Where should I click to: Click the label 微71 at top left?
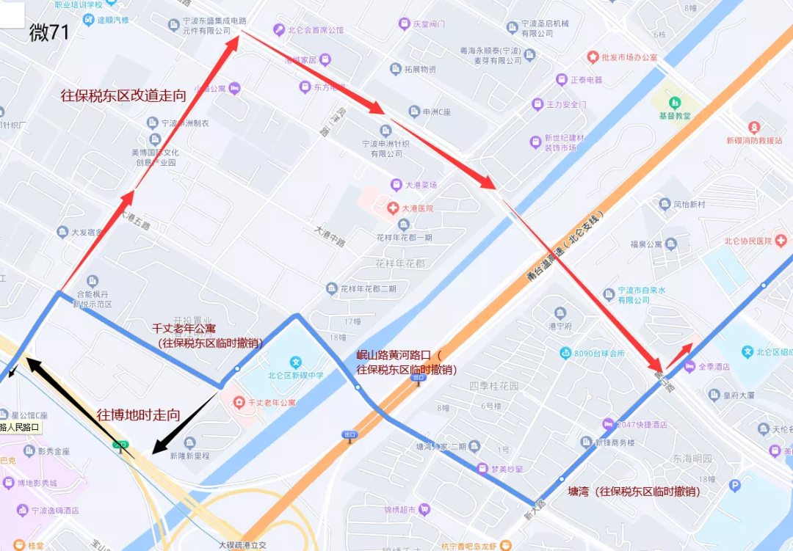click(x=49, y=32)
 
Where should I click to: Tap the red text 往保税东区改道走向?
click(x=123, y=95)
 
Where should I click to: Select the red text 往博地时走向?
click(x=139, y=415)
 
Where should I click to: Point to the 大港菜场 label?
click(x=424, y=185)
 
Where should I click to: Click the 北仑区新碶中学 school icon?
click(x=295, y=362)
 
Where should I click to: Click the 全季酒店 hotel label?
click(x=713, y=366)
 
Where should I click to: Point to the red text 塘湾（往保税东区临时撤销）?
click(x=634, y=491)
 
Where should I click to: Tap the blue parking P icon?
click(x=734, y=485)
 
